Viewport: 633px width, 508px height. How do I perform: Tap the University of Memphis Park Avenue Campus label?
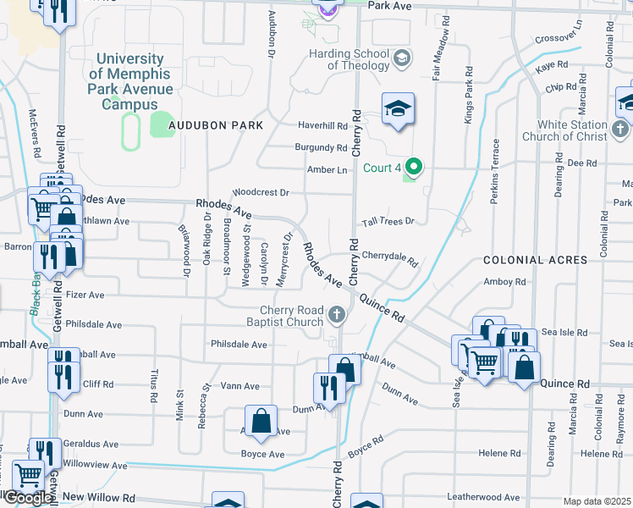(131, 81)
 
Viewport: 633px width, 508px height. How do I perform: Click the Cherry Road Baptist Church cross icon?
(337, 316)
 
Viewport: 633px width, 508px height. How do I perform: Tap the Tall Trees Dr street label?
(388, 221)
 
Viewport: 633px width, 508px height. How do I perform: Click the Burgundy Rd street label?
(322, 147)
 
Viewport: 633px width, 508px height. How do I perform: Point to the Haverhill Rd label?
(322, 125)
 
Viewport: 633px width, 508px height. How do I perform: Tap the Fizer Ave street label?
(85, 295)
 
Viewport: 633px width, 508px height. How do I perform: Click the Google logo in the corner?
(27, 498)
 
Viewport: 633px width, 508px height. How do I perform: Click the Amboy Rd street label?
(498, 282)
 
